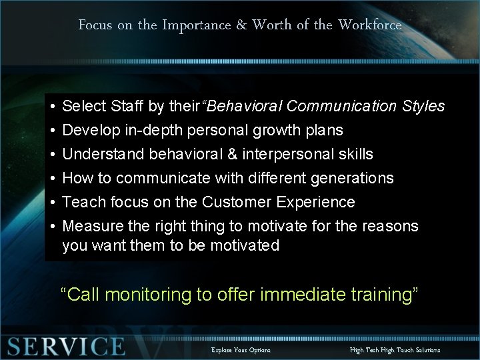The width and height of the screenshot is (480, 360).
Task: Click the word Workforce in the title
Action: pyautogui.click(x=370, y=25)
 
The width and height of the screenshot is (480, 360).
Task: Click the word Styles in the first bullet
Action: pyautogui.click(x=425, y=106)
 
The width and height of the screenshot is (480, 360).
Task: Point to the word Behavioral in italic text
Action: pyautogui.click(x=245, y=106)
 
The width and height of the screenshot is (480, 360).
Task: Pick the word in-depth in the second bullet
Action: pyautogui.click(x=157, y=130)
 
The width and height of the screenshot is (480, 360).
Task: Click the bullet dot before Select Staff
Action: pyautogui.click(x=51, y=107)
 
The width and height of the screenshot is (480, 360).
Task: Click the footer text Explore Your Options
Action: pyautogui.click(x=241, y=349)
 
